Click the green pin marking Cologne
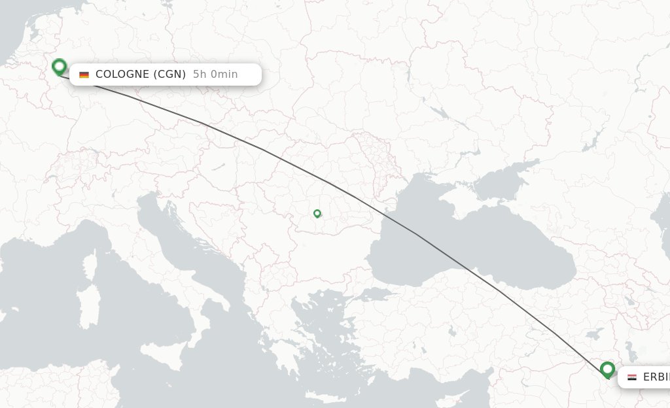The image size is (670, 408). [59, 67]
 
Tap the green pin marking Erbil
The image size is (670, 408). [607, 370]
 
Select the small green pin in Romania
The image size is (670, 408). [317, 213]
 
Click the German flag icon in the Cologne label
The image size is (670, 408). [84, 75]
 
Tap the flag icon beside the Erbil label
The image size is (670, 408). [631, 377]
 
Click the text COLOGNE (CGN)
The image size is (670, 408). [141, 75]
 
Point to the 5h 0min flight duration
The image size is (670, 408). [215, 75]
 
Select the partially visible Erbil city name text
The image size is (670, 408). [656, 377]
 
